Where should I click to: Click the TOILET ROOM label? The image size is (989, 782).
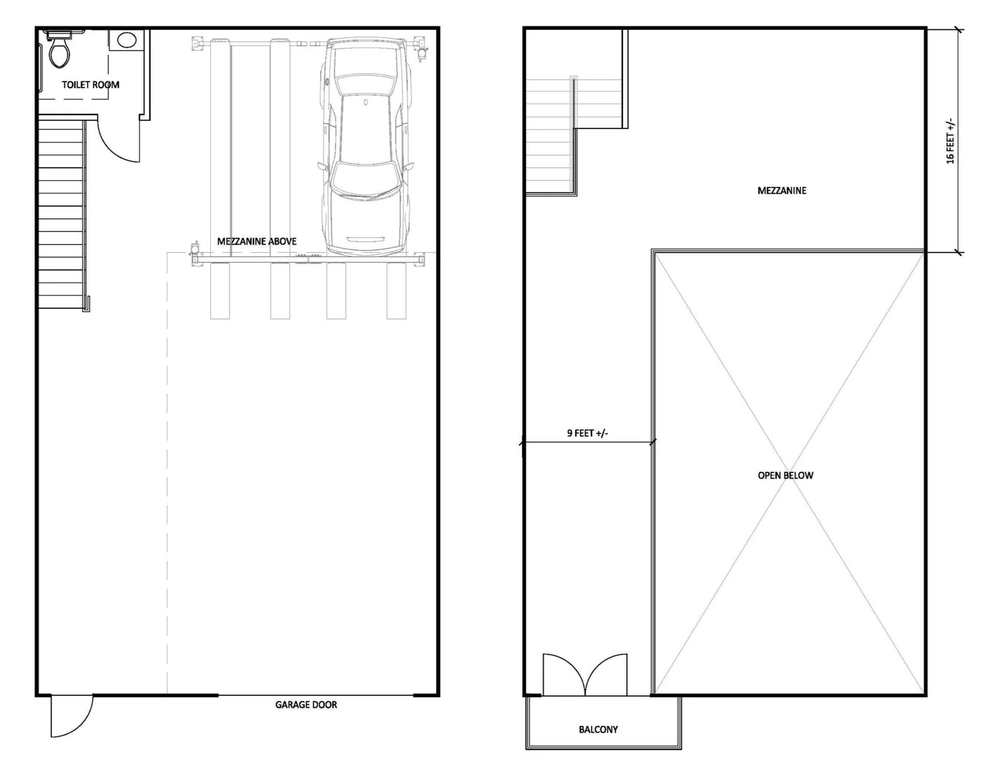[90, 85]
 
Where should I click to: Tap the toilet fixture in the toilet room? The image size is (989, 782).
[58, 51]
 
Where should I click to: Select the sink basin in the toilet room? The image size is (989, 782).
[126, 40]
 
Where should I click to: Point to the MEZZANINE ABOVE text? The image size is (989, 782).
[257, 241]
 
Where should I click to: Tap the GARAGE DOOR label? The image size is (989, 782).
[306, 705]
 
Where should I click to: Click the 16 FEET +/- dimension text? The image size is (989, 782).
[950, 141]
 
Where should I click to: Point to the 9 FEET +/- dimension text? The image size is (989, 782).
[587, 433]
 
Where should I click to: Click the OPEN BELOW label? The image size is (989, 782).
[785, 475]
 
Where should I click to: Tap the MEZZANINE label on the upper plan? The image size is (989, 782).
[781, 190]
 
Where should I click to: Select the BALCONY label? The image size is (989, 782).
[598, 729]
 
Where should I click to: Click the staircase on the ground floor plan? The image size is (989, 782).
[61, 212]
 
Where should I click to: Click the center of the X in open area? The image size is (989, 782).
[789, 473]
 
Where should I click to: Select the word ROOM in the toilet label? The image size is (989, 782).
[106, 85]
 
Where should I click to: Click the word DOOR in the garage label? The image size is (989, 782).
[325, 705]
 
